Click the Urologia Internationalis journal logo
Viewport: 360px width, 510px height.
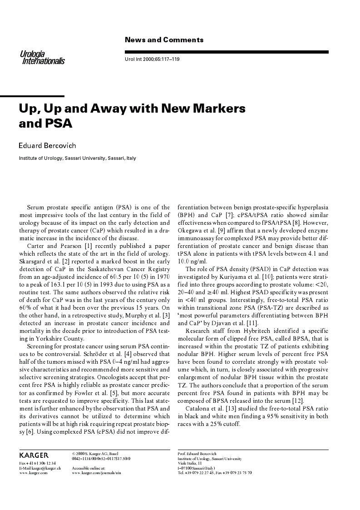(42, 58)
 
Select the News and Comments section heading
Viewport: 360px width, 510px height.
(164, 40)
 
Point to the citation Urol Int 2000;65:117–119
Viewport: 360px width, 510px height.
(152, 59)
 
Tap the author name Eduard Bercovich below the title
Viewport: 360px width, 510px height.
(47, 145)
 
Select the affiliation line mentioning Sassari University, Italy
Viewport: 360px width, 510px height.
(77, 158)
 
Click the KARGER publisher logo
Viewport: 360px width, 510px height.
(34, 455)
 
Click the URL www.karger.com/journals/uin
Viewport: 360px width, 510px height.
(96, 473)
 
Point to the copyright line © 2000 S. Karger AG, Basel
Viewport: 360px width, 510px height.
(95, 454)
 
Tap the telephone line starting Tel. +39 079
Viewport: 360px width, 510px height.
(214, 473)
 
